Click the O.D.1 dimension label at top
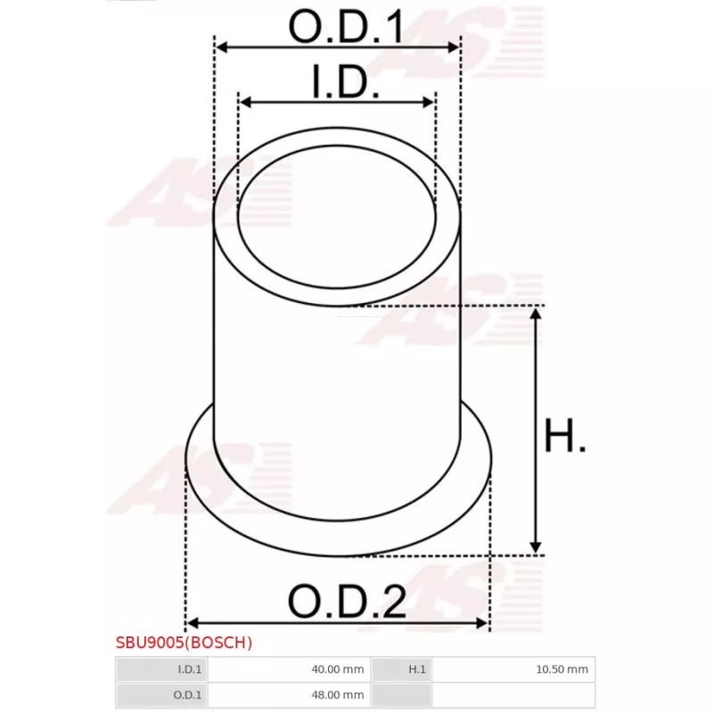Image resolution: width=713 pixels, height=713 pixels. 346,29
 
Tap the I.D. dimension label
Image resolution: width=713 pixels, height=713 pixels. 346,86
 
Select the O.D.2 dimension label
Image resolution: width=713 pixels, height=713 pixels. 347,602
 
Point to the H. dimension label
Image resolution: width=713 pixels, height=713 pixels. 565,438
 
